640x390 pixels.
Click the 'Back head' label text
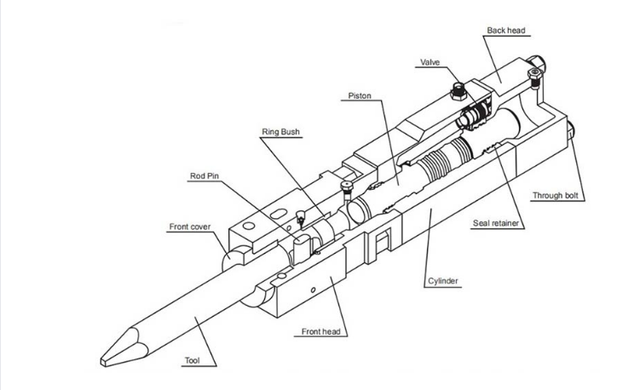505,31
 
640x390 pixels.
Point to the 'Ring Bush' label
280,132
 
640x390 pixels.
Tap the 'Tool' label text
193,361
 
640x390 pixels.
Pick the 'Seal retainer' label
497,224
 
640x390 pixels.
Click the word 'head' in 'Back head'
516,31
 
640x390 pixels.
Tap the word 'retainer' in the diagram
507,224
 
